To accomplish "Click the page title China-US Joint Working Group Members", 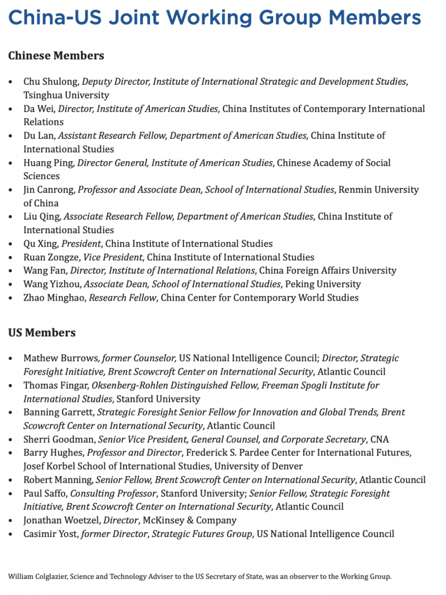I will pyautogui.click(x=215, y=18).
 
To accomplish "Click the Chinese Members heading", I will pyautogui.click(x=56, y=56).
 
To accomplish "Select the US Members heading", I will pyautogui.click(x=41, y=333).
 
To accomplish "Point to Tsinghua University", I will pyautogui.click(x=66, y=95).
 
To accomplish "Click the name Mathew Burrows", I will pyautogui.click(x=61, y=359).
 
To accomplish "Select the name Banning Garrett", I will pyautogui.click(x=58, y=413).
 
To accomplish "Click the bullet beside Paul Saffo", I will pyautogui.click(x=11, y=494).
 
